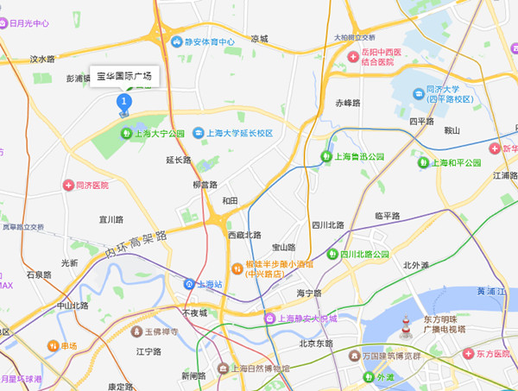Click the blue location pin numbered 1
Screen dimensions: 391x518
click(x=123, y=104)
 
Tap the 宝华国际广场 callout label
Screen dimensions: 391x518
click(x=123, y=77)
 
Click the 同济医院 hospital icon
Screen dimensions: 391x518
click(x=68, y=185)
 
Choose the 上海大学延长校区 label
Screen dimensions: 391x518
click(x=238, y=134)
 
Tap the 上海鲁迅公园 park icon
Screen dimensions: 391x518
click(x=326, y=156)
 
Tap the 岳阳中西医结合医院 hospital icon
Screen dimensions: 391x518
click(x=353, y=56)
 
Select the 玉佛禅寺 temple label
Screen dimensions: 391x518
click(x=161, y=331)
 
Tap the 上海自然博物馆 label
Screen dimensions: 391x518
click(x=260, y=369)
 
